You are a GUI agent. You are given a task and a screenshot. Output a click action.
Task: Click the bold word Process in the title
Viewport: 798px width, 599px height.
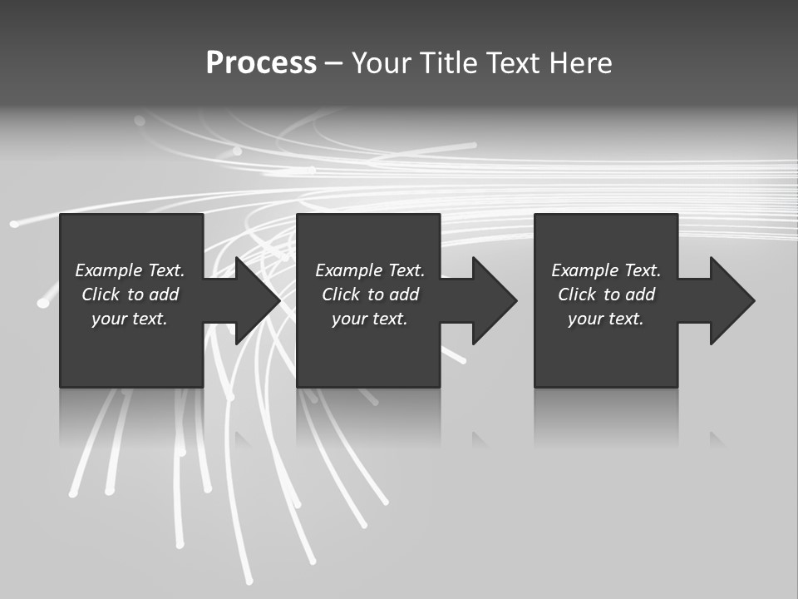pos(261,63)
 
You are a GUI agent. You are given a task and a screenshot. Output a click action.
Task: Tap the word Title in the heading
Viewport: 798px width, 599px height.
pos(449,63)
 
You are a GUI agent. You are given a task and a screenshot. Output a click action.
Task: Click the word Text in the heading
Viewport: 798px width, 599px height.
pos(512,63)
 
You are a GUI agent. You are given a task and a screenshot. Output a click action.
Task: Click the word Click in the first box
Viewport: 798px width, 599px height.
pos(101,295)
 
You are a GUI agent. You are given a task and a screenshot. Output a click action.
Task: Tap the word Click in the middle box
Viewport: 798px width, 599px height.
pos(341,295)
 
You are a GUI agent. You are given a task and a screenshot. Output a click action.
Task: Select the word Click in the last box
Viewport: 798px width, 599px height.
pos(577,295)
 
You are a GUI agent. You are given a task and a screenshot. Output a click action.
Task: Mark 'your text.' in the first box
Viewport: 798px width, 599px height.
pos(130,319)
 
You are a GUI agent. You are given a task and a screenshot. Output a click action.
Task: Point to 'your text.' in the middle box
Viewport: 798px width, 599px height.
pos(370,319)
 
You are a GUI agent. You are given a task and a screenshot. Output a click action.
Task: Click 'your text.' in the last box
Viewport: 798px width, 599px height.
pos(606,319)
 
